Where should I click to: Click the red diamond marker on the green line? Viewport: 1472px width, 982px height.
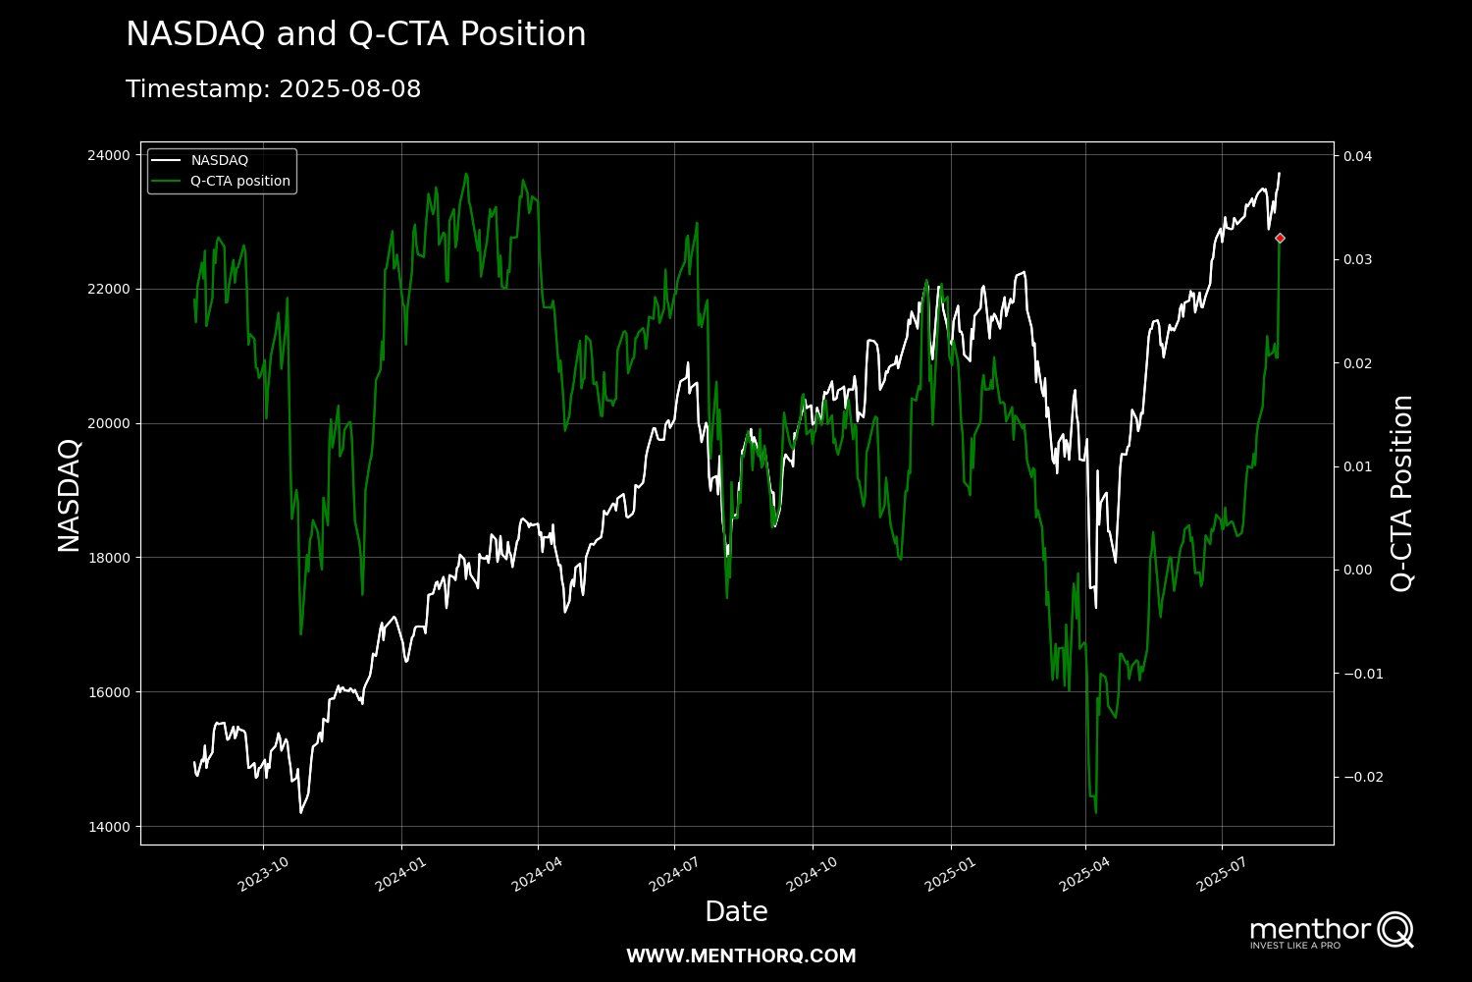coord(1280,238)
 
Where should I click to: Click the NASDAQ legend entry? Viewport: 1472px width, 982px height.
coord(219,160)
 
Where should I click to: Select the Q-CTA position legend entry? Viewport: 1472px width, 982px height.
coord(239,181)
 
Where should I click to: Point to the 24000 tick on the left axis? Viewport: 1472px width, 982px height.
coord(109,155)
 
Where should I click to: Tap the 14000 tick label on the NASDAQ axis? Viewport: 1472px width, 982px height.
coord(109,827)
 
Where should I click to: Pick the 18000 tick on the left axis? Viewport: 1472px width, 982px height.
coord(109,558)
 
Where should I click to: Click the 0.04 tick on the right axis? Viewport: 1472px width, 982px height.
coord(1358,156)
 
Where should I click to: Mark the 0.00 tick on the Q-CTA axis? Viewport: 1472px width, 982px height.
coord(1358,570)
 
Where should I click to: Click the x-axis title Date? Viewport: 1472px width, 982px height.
coord(736,912)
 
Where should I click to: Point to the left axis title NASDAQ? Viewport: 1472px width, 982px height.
coord(69,495)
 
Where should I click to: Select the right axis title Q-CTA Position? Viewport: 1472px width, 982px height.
coord(1402,494)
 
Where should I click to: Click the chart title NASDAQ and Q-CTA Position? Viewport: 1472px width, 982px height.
coord(355,34)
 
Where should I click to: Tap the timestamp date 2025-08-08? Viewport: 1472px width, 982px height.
coord(349,89)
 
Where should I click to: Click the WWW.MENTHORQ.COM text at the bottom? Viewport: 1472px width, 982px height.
coord(741,955)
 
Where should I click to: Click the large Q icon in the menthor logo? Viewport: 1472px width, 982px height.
coord(1394,929)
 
